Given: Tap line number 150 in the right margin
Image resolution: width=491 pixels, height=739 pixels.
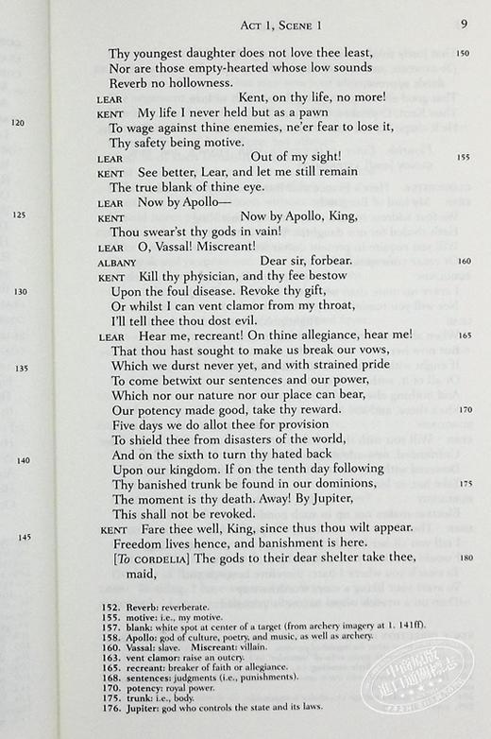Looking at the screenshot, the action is (x=462, y=54).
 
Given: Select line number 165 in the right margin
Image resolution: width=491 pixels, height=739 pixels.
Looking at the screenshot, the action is (x=462, y=335).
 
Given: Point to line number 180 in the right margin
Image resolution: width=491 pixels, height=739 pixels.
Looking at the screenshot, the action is (x=462, y=558).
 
